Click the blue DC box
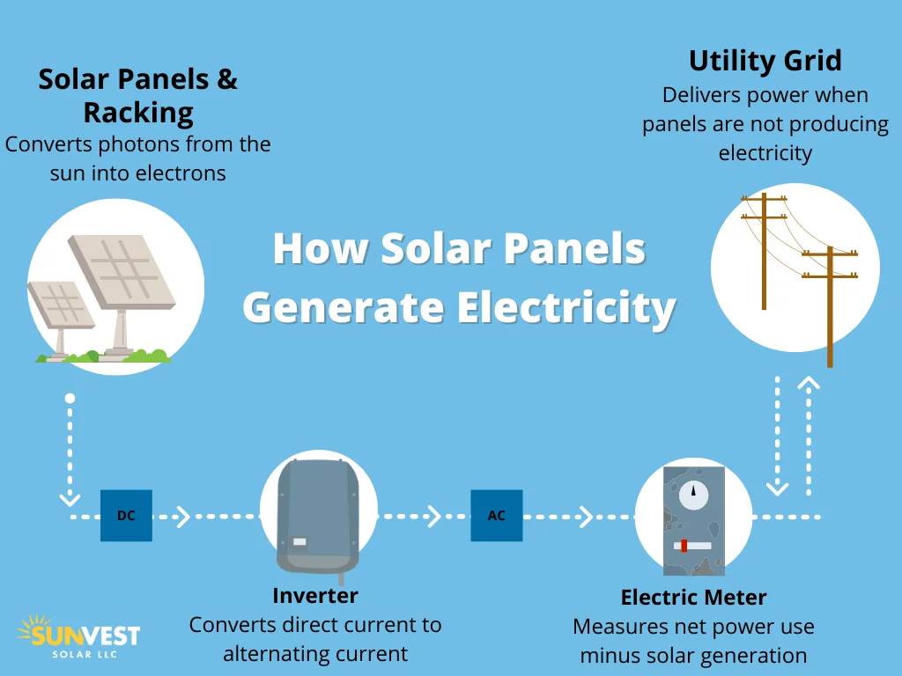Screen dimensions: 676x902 [126, 516]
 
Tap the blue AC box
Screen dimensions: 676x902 [497, 516]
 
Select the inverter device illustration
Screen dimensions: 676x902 [318, 515]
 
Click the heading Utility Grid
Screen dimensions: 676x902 [765, 61]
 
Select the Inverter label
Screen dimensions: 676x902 [315, 595]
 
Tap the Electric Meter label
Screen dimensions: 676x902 [693, 598]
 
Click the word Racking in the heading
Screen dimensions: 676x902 [138, 113]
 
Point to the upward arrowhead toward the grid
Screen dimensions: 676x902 [809, 383]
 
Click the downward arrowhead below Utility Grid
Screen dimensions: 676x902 [778, 487]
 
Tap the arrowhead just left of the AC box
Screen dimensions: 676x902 [434, 516]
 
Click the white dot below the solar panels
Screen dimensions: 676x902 [70, 399]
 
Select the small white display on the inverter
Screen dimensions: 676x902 [299, 542]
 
